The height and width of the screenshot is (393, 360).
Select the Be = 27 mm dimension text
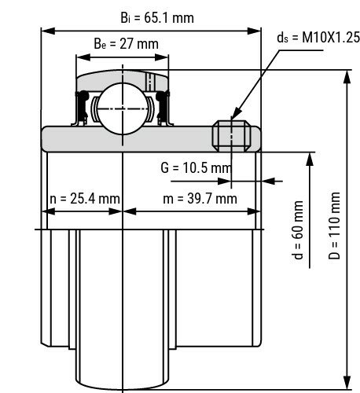coord(122,44)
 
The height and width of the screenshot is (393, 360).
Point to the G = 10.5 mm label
coord(196,167)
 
